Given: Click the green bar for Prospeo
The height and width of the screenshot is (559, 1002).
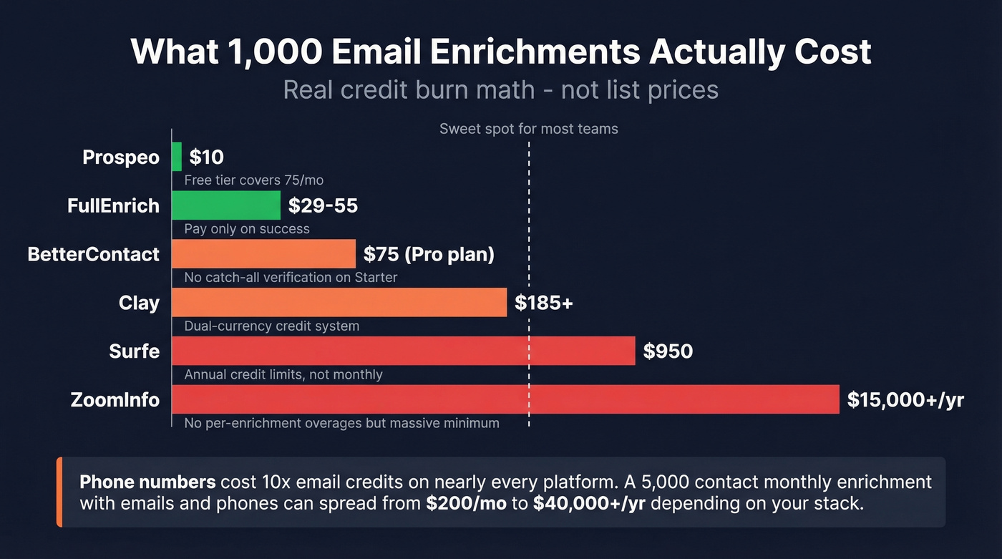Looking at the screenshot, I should [x=177, y=156].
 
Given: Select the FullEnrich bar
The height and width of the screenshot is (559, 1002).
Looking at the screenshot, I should [x=226, y=205].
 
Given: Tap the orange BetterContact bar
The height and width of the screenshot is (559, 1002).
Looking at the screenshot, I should [x=263, y=253].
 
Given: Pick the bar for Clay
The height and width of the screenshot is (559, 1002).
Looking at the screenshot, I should [x=339, y=302].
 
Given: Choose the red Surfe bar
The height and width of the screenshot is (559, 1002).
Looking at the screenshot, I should [x=404, y=351].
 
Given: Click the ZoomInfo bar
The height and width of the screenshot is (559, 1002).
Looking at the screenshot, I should [x=505, y=399].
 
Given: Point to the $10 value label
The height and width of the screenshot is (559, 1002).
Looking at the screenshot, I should [x=206, y=157].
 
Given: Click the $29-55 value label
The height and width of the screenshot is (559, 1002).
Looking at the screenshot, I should [x=323, y=206].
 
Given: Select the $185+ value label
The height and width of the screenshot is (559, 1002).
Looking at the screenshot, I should [x=544, y=303].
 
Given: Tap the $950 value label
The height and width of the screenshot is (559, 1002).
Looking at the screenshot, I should [x=668, y=351].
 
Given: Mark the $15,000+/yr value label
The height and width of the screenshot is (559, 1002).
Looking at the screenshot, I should [x=905, y=400].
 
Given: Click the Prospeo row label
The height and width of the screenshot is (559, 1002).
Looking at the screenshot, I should [x=121, y=157].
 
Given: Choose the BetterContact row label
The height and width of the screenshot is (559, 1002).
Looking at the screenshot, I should [x=93, y=254].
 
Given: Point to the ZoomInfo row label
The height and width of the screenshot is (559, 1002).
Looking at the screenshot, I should [x=115, y=399].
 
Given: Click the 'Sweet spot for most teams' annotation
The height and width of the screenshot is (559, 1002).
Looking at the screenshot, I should [x=528, y=130].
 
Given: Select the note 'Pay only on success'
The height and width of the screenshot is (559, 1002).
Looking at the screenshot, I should [x=247, y=229].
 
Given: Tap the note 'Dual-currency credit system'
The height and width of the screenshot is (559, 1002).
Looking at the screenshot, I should [x=271, y=326].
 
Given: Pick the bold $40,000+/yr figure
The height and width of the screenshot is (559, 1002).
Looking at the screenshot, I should [x=589, y=503].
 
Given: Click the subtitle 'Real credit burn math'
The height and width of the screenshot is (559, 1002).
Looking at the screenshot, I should [x=409, y=90].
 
